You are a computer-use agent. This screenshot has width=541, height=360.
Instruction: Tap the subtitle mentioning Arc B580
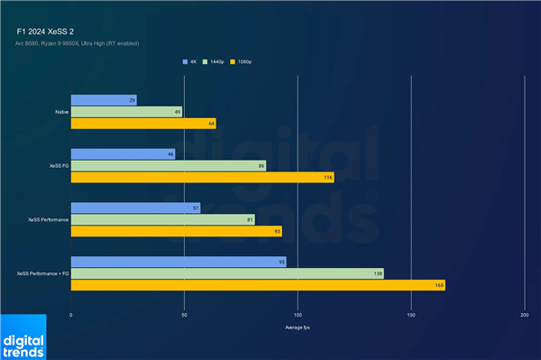78,43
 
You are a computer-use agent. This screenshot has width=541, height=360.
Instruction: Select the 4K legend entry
190,62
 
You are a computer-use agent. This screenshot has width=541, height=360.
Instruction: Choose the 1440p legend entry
216,62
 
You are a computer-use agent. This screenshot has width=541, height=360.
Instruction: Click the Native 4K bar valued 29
103,100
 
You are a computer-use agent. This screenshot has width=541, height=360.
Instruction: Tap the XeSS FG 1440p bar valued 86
168,166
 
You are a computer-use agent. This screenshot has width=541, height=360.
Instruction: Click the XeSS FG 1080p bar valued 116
202,178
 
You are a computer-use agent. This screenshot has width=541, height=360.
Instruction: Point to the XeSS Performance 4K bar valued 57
135,208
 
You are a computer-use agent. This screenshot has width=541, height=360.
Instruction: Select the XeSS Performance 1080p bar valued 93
176,231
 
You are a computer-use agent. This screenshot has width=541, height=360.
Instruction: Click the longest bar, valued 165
257,285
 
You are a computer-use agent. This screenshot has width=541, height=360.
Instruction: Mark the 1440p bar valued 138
226,273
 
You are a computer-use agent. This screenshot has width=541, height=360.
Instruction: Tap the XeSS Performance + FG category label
42,272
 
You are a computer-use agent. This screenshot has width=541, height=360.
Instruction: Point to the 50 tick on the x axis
184,316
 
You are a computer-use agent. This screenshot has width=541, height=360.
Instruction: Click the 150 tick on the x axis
411,316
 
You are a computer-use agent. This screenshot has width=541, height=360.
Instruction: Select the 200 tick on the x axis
524,316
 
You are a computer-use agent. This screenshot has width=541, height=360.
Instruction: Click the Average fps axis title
297,327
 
